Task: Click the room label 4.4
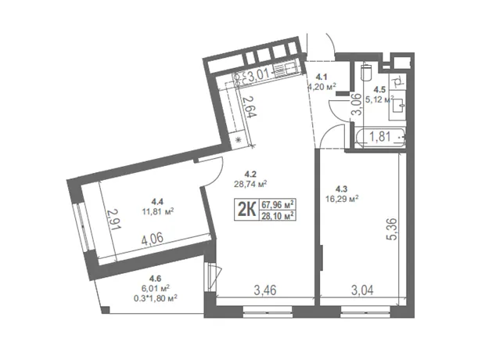[x=157, y=202]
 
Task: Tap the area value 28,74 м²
[x=250, y=184]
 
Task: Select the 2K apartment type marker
[x=246, y=210]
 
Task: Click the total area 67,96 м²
[x=278, y=204]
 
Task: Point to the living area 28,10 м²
[x=278, y=215]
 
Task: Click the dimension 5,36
[x=391, y=229]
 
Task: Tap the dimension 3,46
[x=265, y=290]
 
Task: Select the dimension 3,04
[x=362, y=290]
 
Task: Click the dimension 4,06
[x=153, y=239]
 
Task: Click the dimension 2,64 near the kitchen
[x=250, y=106]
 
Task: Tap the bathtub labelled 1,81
[x=380, y=138]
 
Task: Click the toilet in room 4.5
[x=366, y=71]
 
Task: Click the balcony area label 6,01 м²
[x=155, y=289]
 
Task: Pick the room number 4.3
[x=342, y=188]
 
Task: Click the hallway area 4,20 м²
[x=322, y=87]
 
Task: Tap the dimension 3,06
[x=357, y=104]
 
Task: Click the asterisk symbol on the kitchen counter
[x=238, y=140]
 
